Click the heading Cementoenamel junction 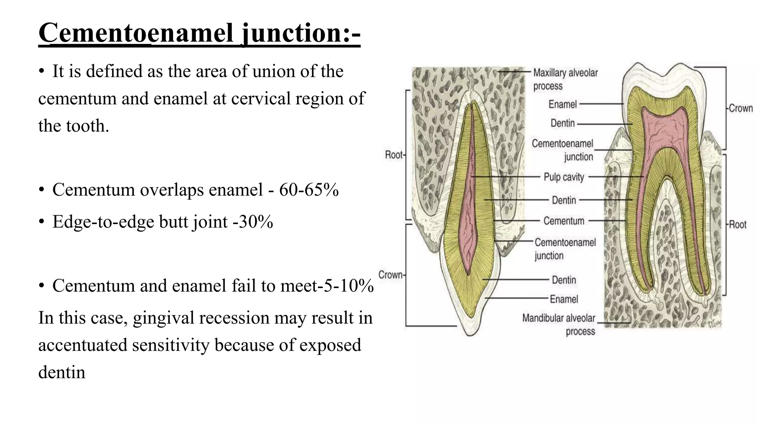pos(199,33)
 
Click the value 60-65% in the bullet pos(309,190)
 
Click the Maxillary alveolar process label pos(565,79)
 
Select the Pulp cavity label pos(564,177)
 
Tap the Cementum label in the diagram pos(564,221)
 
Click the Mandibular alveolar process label pos(559,324)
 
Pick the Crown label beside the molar pos(741,108)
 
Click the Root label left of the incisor pos(394,155)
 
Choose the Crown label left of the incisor pos(391,275)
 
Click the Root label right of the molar pos(738,224)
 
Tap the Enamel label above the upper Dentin pos(562,104)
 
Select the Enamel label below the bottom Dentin pos(564,299)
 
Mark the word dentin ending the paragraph pos(62,372)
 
